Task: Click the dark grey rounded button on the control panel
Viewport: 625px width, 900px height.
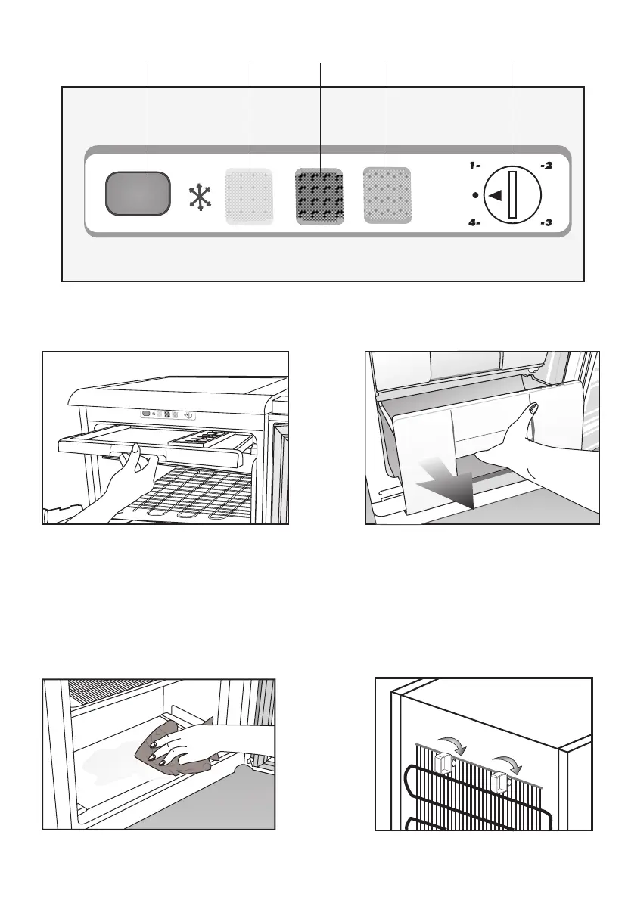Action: click(x=137, y=193)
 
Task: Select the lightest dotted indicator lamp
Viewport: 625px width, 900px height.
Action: click(x=249, y=195)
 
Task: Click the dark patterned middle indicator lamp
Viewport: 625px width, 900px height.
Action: click(x=319, y=196)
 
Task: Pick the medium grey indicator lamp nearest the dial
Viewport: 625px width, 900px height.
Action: click(x=387, y=195)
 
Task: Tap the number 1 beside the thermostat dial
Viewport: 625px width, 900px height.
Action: click(x=474, y=165)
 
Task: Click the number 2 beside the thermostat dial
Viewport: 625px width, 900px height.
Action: click(x=546, y=165)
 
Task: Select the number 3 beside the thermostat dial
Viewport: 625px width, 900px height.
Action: click(x=546, y=225)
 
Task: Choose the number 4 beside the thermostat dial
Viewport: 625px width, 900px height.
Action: click(x=474, y=225)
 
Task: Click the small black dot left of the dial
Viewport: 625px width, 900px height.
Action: click(x=474, y=195)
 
